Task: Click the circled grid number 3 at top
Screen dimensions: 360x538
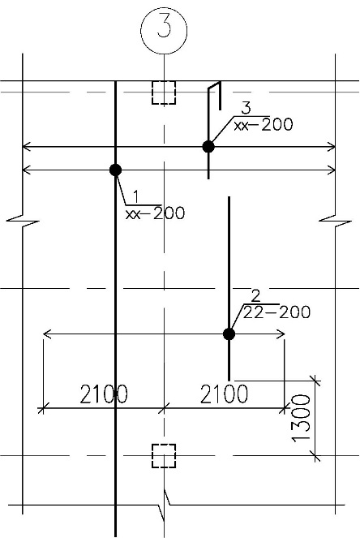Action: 164,30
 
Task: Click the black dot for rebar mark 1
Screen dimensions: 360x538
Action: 116,170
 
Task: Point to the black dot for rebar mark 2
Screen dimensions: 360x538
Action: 229,334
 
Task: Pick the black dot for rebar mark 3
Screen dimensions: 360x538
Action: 208,147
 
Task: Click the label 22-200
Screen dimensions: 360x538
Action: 276,312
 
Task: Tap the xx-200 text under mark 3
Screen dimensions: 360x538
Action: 264,124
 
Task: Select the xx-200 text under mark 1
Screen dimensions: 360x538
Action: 156,213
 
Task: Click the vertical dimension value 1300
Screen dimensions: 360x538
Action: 302,418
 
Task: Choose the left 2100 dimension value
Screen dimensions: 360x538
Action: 104,394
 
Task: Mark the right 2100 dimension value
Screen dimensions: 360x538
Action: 224,394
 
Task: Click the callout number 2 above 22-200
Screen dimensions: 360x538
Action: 256,296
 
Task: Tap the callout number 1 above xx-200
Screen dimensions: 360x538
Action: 136,196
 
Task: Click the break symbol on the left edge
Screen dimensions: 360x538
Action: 23,222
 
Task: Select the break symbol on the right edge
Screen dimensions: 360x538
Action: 336,222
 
